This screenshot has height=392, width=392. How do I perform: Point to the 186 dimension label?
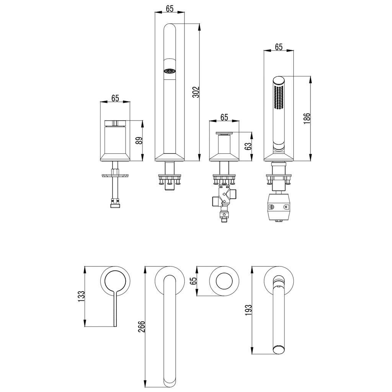point(306,118)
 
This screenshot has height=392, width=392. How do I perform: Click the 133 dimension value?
point(80,296)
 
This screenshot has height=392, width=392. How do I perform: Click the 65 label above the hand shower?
point(278,47)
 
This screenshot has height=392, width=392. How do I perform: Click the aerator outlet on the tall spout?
point(169,71)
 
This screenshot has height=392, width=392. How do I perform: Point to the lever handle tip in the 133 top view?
point(115,325)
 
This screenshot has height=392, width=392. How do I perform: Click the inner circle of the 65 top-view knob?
point(224,281)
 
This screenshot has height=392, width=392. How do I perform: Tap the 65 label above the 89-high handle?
point(115,98)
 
